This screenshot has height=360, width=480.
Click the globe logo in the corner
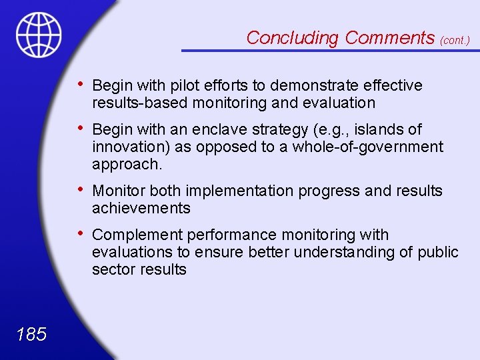tap(39, 35)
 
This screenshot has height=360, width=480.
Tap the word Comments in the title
tap(390, 38)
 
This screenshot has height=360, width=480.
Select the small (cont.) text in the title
tap(455, 40)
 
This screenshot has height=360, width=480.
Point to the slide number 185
tap(31, 334)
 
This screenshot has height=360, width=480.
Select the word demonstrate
tap(309, 86)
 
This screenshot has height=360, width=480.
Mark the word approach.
tap(127, 164)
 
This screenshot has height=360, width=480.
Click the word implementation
tap(235, 191)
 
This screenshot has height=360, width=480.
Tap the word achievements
tap(141, 209)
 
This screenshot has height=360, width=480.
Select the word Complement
tap(137, 235)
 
